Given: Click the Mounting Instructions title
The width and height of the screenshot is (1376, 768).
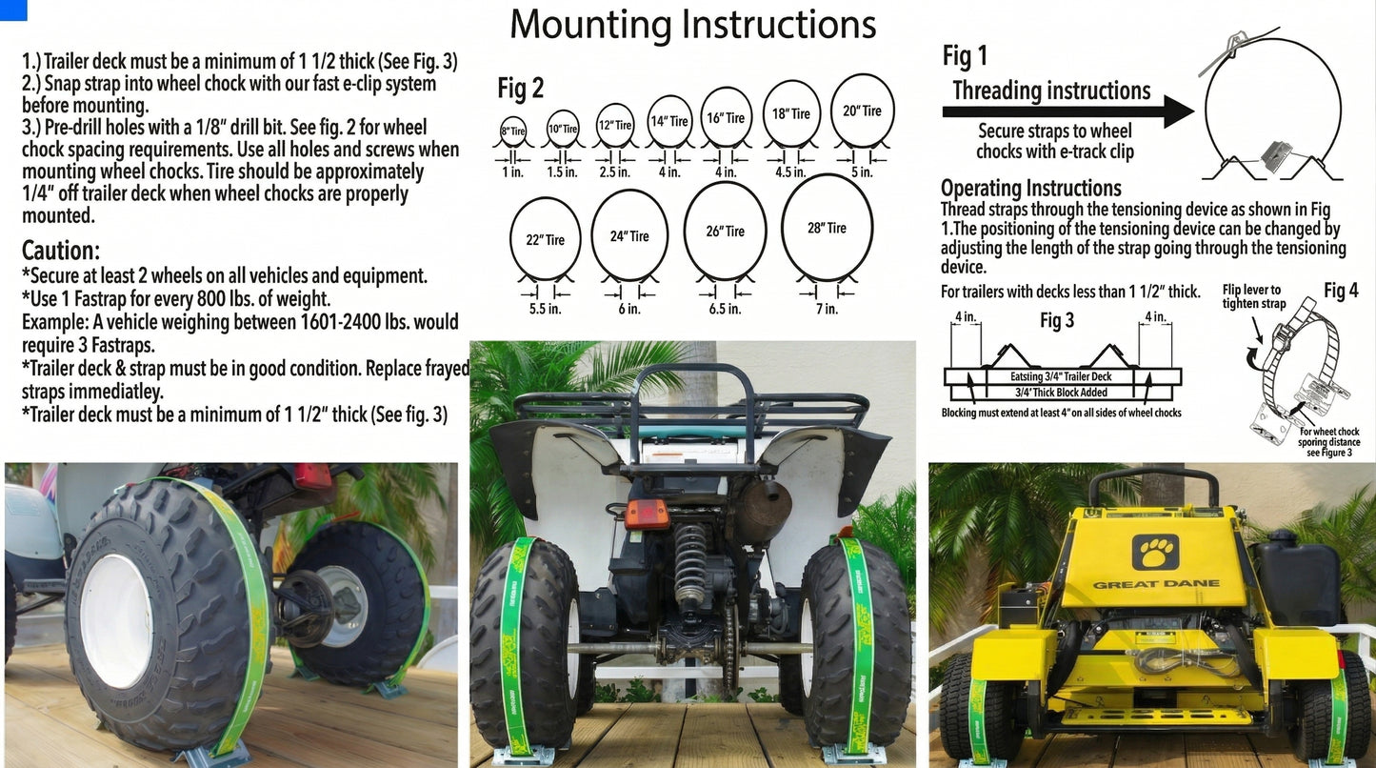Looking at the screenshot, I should (692, 24).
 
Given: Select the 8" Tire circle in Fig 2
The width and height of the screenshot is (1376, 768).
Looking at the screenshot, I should (512, 129).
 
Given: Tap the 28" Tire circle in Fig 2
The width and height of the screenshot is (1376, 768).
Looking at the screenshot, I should (827, 228).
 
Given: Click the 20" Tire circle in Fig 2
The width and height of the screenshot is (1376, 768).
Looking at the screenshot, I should (862, 111).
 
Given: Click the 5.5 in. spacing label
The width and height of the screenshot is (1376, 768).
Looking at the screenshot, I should (545, 309).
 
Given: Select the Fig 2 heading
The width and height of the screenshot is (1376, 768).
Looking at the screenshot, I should (521, 89).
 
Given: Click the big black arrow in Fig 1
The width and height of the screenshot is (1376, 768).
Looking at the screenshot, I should (1067, 111).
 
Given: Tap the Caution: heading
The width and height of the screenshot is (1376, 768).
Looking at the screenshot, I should (61, 252).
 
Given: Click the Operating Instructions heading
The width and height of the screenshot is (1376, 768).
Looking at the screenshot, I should (1030, 188).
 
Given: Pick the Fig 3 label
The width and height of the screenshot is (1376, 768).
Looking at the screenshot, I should (1057, 321).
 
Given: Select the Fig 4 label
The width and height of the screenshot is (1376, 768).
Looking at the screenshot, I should (1341, 291).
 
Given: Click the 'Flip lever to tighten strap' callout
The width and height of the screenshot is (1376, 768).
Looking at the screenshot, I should (1253, 296).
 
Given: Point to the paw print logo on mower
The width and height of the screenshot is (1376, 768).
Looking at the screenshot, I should (1155, 551).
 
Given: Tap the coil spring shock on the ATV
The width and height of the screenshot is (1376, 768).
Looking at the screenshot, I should (690, 566).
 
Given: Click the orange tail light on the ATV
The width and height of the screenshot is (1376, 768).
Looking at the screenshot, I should (647, 515).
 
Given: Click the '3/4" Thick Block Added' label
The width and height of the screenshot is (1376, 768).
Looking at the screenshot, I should (1061, 393).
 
